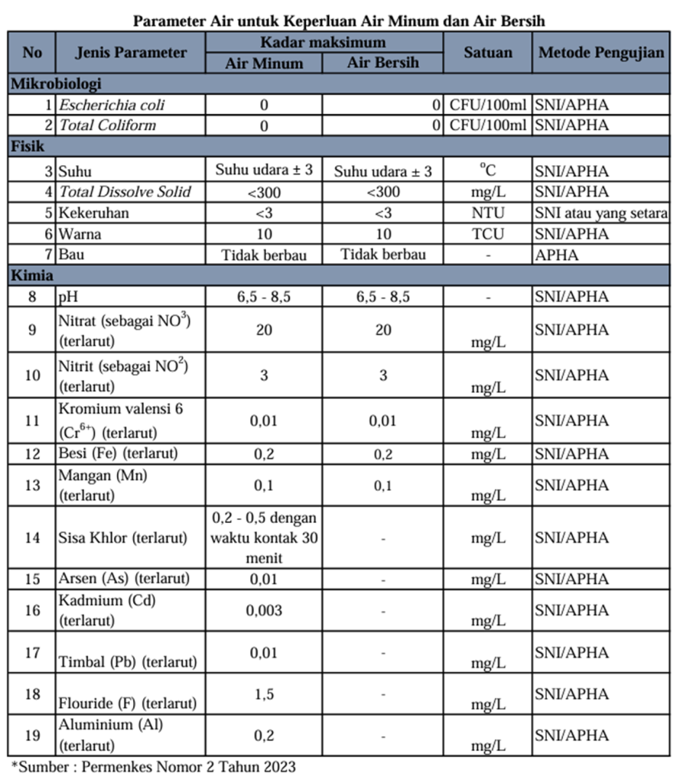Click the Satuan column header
coord(487,53)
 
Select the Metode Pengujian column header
coord(601,53)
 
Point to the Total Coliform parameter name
coord(108,125)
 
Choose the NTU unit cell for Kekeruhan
coord(487,213)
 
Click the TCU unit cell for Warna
coord(487,234)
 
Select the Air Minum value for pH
coord(263,297)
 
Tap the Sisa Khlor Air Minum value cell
coord(263,538)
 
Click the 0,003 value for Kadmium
coord(263,610)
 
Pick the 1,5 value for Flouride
coord(263,694)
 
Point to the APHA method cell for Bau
coord(557,255)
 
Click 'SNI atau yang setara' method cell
coord(601,213)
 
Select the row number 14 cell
coord(31,538)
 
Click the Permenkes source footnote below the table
coord(153,765)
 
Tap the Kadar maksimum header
coord(323,42)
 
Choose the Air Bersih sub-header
coord(382,63)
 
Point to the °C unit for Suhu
coord(487,170)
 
